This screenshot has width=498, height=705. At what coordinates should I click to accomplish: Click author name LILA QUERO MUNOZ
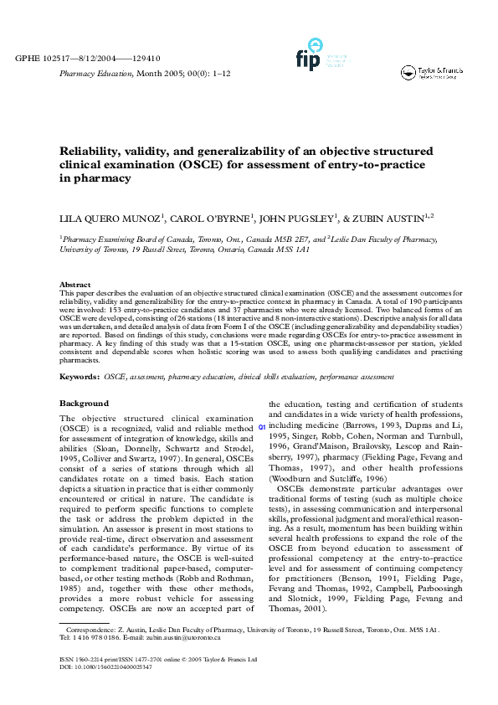pyautogui.click(x=109, y=220)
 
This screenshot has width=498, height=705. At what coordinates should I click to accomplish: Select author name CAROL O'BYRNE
pyautogui.click(x=208, y=220)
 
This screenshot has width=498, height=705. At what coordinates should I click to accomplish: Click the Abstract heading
pyautogui.click(x=74, y=285)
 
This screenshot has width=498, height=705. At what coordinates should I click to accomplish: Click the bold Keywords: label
pyautogui.click(x=80, y=378)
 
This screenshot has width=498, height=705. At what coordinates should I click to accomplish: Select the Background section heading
pyautogui.click(x=84, y=404)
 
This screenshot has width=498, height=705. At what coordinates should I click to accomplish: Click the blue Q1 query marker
pyautogui.click(x=262, y=427)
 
